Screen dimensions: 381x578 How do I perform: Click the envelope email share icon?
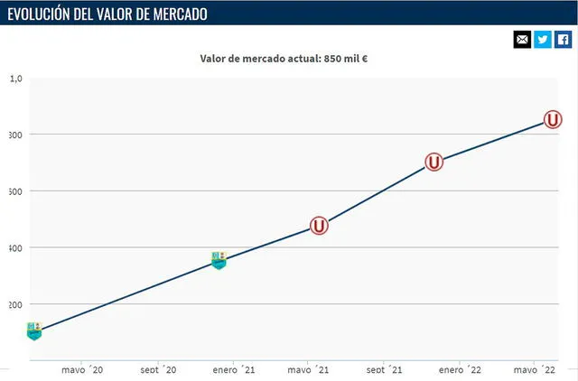[522, 40]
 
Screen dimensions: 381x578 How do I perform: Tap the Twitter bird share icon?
[543, 40]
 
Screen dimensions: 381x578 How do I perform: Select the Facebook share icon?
[563, 40]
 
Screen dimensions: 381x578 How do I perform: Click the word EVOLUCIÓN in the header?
[46, 14]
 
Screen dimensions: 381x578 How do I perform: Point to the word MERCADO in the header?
[176, 14]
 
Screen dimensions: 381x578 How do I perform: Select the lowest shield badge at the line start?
[34, 330]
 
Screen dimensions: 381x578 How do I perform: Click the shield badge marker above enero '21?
[219, 260]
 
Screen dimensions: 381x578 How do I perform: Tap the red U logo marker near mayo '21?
[319, 226]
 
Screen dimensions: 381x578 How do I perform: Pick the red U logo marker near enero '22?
[434, 163]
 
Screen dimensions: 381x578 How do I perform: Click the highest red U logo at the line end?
[554, 120]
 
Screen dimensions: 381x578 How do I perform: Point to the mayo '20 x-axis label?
[82, 369]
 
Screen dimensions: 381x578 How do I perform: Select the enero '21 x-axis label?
[234, 369]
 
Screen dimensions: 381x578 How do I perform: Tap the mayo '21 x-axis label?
[310, 369]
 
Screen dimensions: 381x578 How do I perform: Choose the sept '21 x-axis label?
[385, 369]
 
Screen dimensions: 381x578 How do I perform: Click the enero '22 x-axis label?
[461, 369]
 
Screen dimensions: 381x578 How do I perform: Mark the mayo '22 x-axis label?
[536, 369]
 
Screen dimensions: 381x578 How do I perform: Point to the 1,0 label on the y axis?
[16, 79]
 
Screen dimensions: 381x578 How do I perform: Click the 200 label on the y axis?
[14, 305]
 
